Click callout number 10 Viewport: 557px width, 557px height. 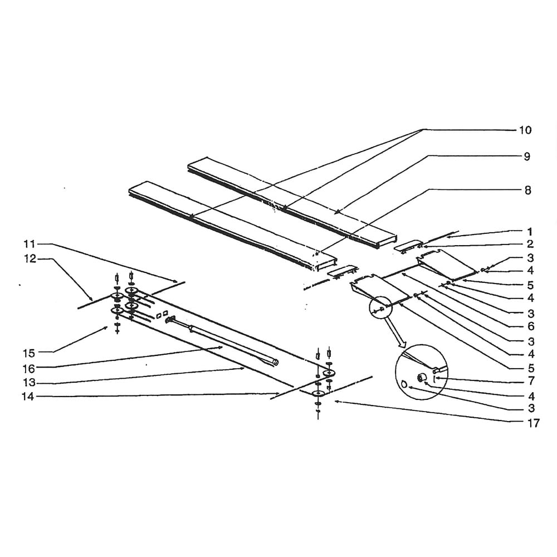pos(525,130)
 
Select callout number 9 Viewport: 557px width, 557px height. pos(527,157)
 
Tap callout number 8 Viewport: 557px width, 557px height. pos(528,190)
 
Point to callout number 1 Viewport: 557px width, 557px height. pos(530,232)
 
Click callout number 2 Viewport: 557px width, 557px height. pos(530,244)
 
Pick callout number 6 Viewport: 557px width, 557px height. pos(531,326)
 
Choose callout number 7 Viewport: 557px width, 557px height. pos(531,381)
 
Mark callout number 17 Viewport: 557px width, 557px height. pos(533,423)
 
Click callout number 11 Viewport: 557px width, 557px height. pos(30,244)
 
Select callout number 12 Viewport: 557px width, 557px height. pos(30,259)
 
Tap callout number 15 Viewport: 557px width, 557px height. pos(29,354)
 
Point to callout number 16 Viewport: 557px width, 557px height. pos(29,369)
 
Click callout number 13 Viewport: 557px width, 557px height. pos(29,383)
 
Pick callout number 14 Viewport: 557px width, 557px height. pos(28,397)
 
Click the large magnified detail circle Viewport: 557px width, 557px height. pos(421,372)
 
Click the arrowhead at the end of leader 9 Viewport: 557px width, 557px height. pos(337,212)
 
